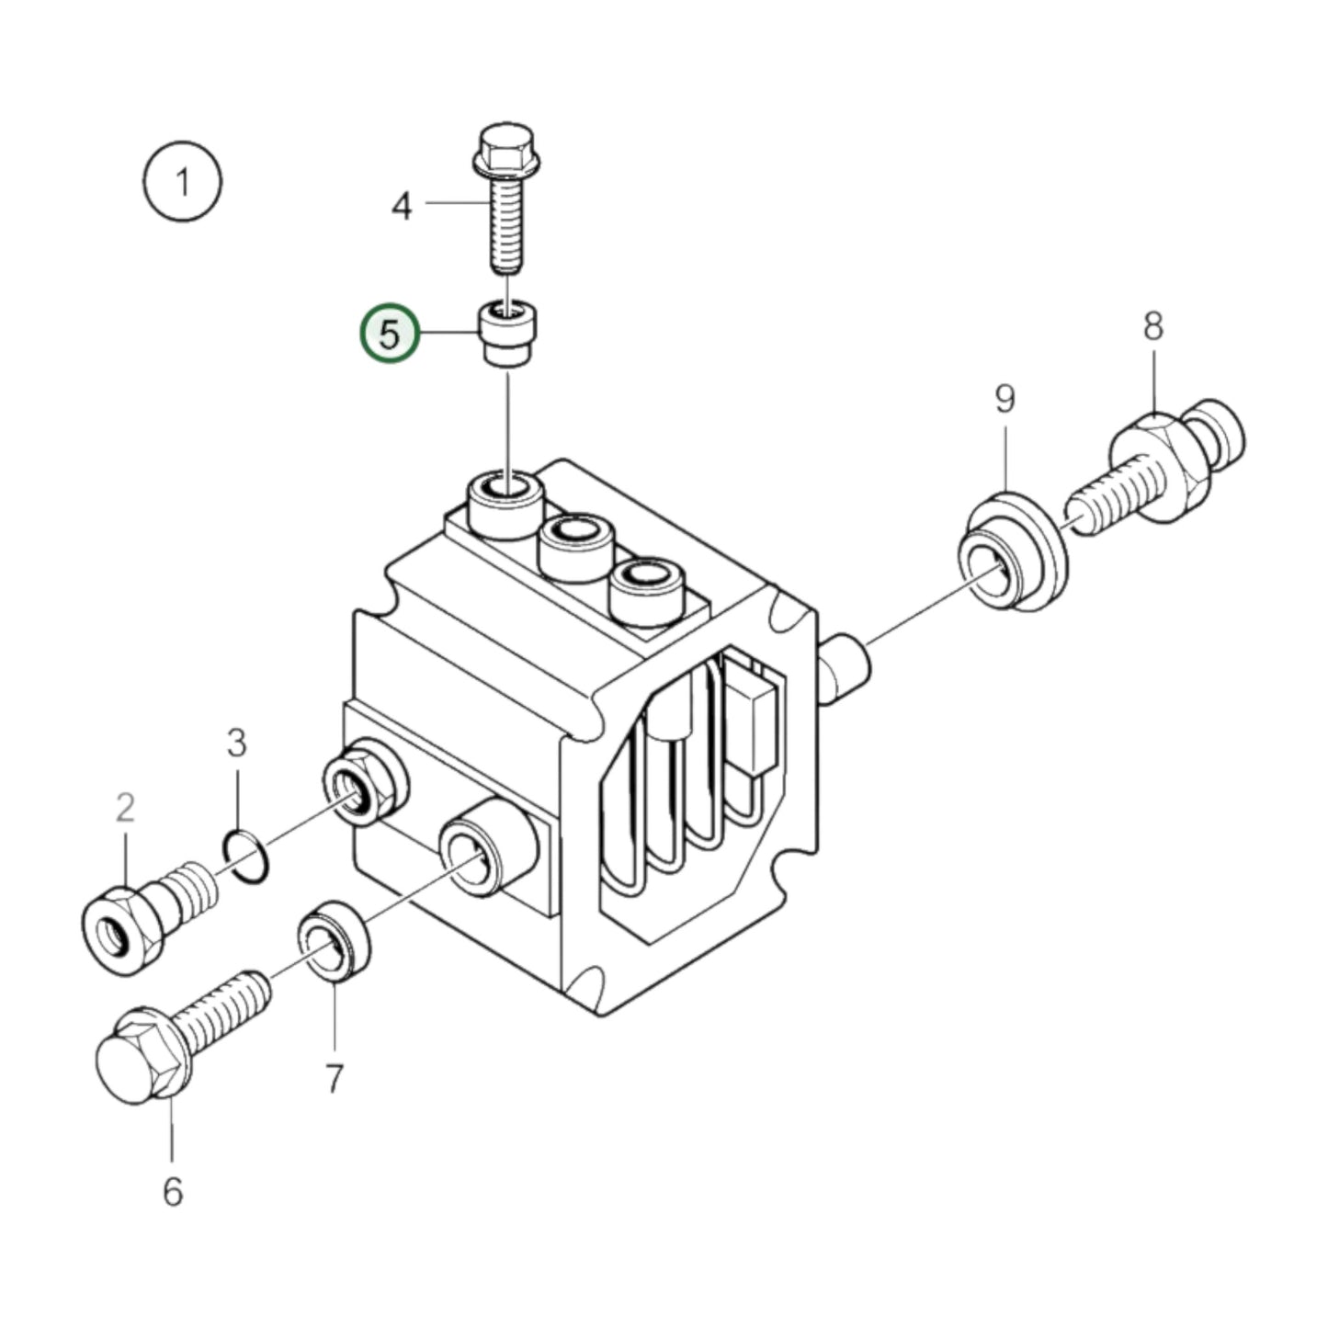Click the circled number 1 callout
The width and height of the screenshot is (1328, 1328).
183,182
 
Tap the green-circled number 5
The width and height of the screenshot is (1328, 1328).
390,335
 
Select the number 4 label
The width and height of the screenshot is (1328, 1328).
402,206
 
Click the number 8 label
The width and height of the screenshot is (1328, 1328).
1153,326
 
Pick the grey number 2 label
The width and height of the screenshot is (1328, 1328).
125,808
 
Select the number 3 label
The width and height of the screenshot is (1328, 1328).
236,743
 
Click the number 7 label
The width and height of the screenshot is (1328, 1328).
334,1078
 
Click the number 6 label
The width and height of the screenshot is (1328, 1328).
173,1192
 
